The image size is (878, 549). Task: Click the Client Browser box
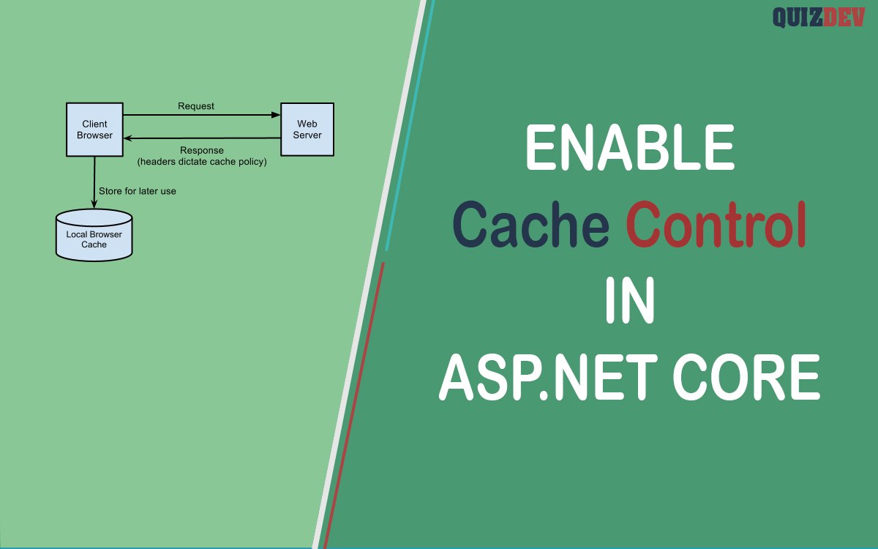(94, 130)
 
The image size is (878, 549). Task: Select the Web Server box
(307, 130)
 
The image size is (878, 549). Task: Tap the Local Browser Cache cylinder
(94, 235)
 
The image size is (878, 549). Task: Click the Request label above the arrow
(196, 106)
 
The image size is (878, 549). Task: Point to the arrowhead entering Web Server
(276, 115)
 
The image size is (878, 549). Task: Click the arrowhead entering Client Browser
(128, 138)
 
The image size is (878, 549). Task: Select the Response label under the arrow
(202, 151)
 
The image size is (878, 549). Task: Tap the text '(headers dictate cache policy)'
(202, 162)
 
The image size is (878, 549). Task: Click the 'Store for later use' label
(138, 191)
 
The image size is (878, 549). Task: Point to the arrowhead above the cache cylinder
(94, 203)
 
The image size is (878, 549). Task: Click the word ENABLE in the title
(630, 147)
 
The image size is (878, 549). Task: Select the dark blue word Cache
(530, 224)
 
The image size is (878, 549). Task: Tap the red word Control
(716, 223)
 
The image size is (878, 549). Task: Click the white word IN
(630, 300)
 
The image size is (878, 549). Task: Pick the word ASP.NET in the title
(548, 376)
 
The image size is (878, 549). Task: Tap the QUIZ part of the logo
(798, 18)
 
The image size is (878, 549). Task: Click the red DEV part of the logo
(844, 18)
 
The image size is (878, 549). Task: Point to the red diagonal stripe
(353, 406)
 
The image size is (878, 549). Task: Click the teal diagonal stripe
(410, 124)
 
